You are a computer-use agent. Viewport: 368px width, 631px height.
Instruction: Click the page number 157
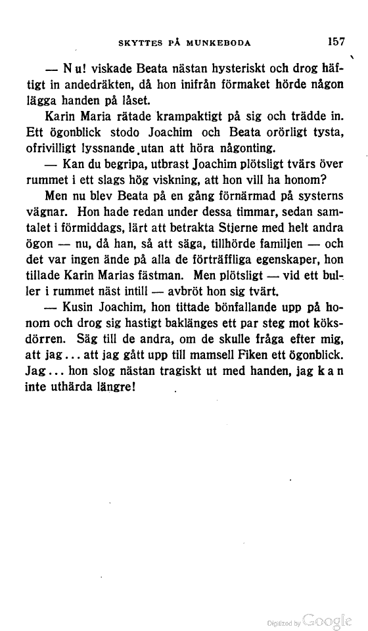pyautogui.click(x=336, y=41)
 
